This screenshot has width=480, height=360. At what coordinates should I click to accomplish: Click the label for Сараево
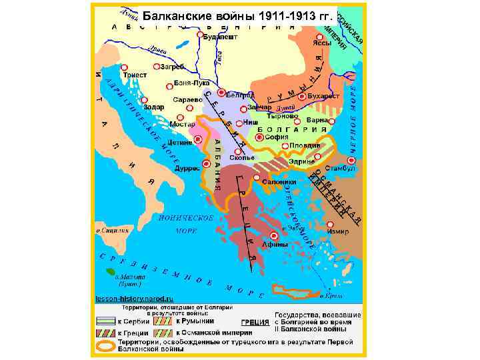pos(187,99)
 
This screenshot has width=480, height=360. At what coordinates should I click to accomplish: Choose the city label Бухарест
pos(327,96)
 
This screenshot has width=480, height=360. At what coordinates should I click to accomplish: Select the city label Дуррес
pos(187,169)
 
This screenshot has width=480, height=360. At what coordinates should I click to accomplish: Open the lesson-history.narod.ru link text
pos(135,299)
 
